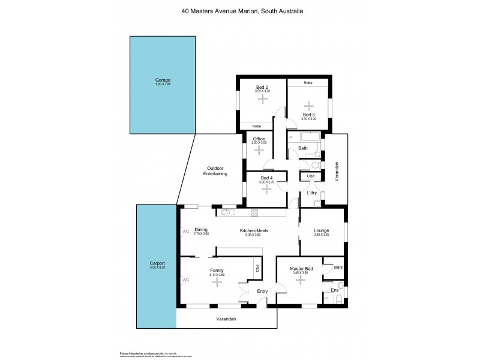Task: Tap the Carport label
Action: (157, 263)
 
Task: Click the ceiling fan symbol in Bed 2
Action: (262, 100)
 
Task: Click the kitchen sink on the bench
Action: (229, 212)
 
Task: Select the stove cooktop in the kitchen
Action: (254, 212)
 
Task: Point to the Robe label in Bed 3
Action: (308, 82)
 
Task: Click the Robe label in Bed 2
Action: (256, 126)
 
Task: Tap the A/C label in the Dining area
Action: (185, 230)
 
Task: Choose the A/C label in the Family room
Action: (185, 280)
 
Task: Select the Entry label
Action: (262, 291)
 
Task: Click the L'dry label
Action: (312, 193)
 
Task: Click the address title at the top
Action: (240, 10)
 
